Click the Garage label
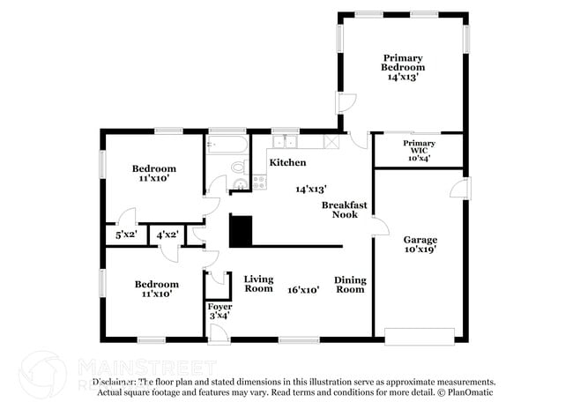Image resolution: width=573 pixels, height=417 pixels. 420,239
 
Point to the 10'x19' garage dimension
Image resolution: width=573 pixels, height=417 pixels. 420,250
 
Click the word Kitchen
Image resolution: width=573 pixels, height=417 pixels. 287,163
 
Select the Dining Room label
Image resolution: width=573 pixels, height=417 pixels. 350,285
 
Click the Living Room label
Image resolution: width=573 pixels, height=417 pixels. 258,283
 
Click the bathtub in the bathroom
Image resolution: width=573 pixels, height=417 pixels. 228,145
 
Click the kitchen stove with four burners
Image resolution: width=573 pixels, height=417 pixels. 260,182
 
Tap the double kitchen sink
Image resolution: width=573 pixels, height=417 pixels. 285,141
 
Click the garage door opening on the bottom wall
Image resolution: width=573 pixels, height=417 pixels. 420,336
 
